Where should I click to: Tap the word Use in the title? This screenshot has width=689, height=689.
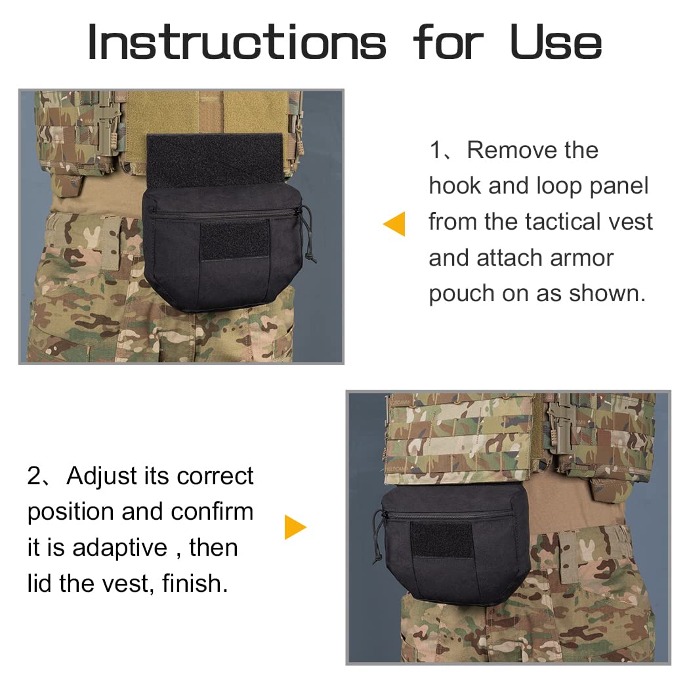tap(556, 42)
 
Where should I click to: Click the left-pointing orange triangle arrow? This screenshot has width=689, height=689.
tap(394, 224)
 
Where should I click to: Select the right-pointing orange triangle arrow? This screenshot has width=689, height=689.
tap(295, 527)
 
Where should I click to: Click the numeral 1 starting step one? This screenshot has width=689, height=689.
tap(436, 150)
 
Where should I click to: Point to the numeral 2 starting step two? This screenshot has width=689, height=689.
tap(34, 476)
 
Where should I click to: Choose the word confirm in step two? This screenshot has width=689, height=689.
tap(212, 512)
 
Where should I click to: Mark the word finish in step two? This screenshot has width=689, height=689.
tap(195, 583)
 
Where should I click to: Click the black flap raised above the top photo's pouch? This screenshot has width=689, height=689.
tap(215, 160)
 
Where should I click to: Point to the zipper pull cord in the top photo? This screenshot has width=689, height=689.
tap(309, 235)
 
